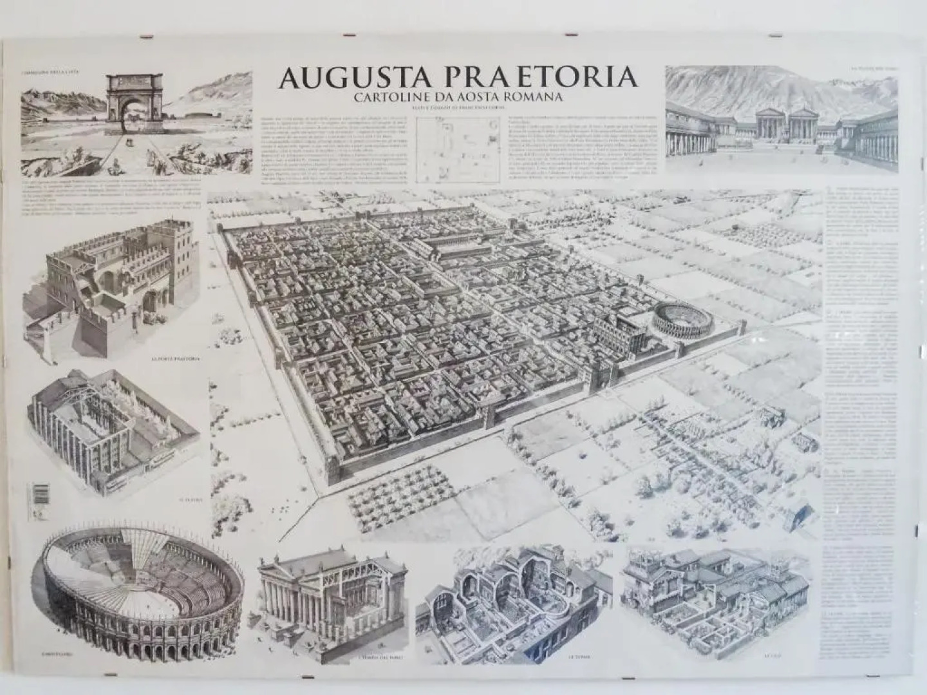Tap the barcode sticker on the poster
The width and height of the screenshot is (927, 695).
(x=40, y=496)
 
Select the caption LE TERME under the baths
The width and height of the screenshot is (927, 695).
(x=577, y=657)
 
